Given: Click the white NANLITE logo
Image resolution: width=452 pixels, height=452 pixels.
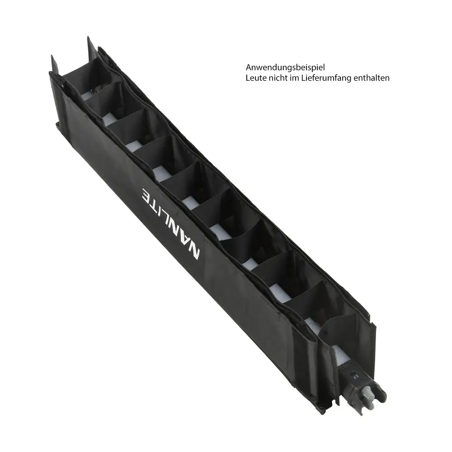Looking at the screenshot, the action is pyautogui.click(x=170, y=224).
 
